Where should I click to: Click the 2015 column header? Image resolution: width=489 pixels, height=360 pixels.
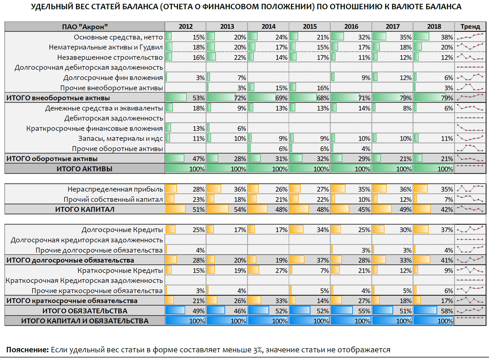point(310,27)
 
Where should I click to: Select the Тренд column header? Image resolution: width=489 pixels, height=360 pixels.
point(470,27)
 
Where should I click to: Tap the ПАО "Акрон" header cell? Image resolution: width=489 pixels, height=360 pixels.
point(85,27)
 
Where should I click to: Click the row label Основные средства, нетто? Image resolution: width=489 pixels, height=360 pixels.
point(119,37)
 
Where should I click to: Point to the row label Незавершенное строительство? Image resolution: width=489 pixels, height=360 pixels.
point(110,57)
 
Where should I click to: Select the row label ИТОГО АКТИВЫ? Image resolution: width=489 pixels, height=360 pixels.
point(85,168)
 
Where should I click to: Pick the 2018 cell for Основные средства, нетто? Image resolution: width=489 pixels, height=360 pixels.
point(434,37)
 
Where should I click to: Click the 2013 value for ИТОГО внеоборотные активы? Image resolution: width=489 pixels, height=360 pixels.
point(227,98)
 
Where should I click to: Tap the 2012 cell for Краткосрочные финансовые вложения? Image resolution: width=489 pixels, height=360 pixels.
point(185,128)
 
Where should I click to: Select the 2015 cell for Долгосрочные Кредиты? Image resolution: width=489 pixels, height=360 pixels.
point(310,230)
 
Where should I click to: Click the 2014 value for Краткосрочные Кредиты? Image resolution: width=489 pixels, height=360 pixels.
point(268,270)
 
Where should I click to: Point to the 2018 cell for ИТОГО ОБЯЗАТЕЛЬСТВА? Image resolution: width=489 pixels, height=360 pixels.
point(434,311)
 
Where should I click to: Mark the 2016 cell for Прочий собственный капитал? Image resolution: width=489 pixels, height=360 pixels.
point(351,199)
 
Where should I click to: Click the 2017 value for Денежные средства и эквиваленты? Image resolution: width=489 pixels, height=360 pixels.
point(392,108)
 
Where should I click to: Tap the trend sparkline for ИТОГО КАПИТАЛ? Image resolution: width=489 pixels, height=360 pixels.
point(470,209)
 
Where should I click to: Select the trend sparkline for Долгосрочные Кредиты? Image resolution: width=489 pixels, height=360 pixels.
point(470,230)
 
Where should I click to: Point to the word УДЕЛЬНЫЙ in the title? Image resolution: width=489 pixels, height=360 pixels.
point(51,7)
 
